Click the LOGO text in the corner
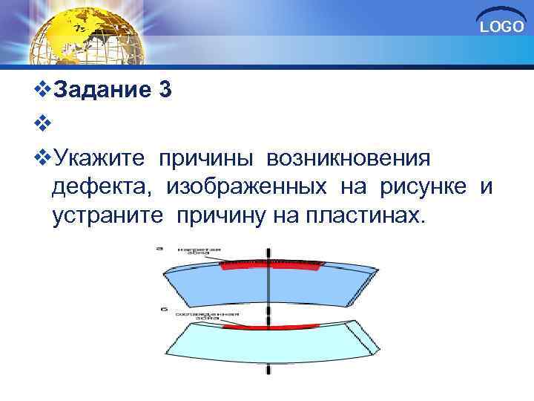click(x=502, y=27)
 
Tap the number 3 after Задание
click(x=165, y=91)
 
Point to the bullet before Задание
click(x=44, y=91)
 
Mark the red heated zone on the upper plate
click(x=271, y=265)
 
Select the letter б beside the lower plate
click(x=161, y=308)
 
